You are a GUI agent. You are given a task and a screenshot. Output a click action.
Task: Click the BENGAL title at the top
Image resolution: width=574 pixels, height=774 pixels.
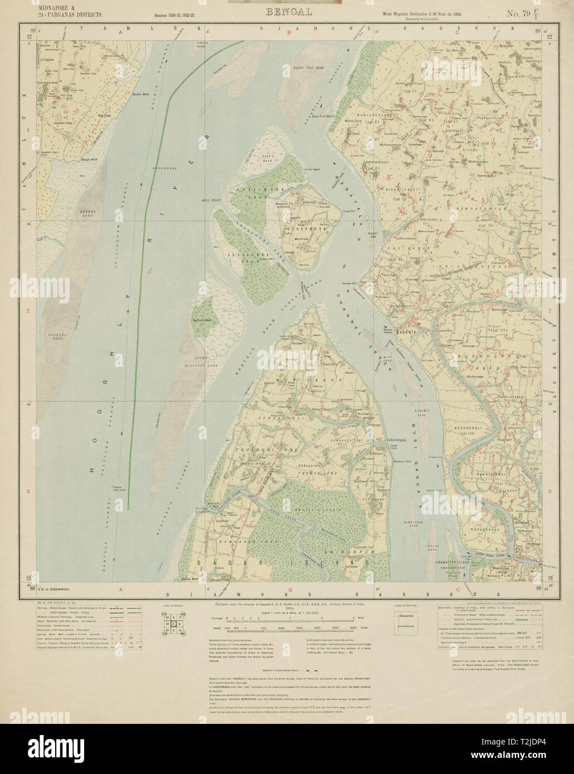click(x=289, y=11)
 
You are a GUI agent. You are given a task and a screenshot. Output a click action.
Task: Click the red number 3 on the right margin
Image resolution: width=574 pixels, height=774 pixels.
click(x=551, y=492)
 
